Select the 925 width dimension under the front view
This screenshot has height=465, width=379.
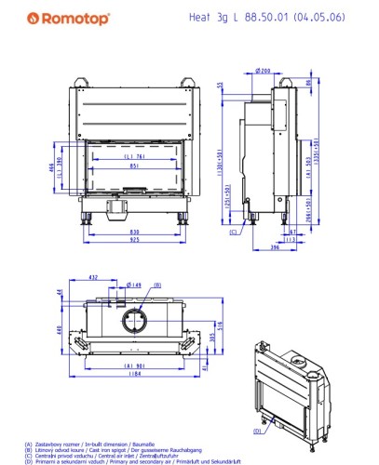135,240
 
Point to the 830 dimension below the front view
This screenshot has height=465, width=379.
135,232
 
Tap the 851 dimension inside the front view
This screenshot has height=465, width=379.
135,166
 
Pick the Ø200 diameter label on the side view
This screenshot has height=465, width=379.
263,71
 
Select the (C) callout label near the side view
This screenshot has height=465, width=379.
234,232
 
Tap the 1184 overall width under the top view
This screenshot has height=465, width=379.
136,376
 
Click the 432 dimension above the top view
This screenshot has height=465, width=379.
93,277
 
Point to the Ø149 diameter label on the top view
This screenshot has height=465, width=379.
134,285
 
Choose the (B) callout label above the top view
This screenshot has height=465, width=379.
156,285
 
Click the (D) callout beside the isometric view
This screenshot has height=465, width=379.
256,431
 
